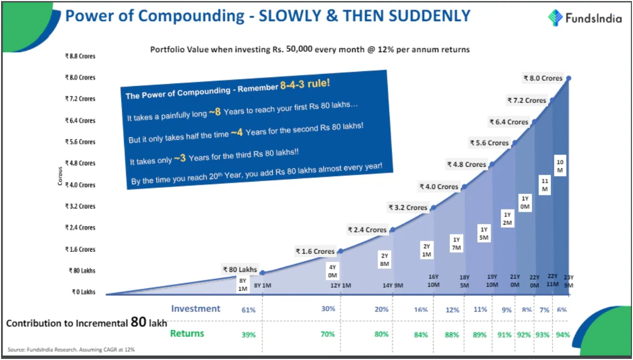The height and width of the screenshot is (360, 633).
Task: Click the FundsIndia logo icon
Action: pos(555,17)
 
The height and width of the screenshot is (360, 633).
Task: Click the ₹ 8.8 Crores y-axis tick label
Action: pos(80,56)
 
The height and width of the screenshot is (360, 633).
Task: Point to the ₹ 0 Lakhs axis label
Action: pos(83,292)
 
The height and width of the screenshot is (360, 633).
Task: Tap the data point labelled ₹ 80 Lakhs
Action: pos(263,272)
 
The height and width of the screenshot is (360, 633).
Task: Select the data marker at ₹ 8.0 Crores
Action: pos(569,78)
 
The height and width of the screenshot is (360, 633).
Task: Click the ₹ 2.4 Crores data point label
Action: pos(367,230)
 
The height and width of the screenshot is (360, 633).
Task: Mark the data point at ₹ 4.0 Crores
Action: pos(464,186)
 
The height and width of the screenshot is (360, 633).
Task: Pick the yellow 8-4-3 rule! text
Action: pos(305,84)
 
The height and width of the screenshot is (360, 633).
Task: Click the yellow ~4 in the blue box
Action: pos(236,132)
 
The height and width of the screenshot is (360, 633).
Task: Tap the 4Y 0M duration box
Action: pos(332,271)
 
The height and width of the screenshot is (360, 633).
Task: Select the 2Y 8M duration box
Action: pos(385,260)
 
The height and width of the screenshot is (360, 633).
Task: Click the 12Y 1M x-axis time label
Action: pos(341,286)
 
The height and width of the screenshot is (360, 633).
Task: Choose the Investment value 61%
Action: pos(248,310)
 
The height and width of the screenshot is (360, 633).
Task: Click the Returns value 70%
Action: pos(328,334)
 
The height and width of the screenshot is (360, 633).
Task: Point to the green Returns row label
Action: pos(187,334)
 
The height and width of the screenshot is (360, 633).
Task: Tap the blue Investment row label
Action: pos(196,308)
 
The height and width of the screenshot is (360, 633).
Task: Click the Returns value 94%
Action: pos(563,335)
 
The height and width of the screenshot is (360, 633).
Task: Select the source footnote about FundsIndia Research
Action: pos(71,349)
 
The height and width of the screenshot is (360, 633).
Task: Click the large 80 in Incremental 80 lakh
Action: pos(138,322)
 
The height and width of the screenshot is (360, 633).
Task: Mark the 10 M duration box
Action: pos(560,166)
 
